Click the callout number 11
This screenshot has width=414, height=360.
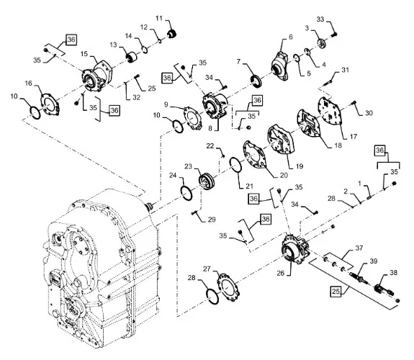(x=159, y=18)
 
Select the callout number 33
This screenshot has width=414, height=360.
(x=320, y=19)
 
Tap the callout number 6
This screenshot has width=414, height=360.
(x=291, y=37)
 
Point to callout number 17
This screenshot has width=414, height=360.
(x=354, y=137)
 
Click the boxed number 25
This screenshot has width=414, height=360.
(x=336, y=292)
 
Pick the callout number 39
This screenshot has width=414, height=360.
(x=374, y=261)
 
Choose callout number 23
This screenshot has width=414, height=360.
(x=188, y=166)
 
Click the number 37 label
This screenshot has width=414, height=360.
(x=359, y=248)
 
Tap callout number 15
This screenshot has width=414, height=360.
(x=84, y=54)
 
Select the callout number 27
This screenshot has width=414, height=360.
(x=207, y=269)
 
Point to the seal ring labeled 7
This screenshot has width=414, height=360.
(x=256, y=81)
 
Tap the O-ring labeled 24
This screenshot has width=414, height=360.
(x=186, y=194)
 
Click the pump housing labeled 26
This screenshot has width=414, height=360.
(x=295, y=248)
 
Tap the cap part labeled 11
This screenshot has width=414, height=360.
(x=172, y=35)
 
